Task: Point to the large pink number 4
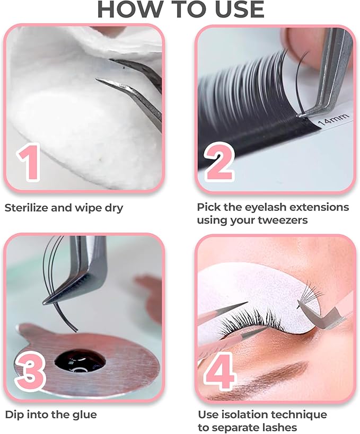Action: [219, 370]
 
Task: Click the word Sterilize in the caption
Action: [27, 208]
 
